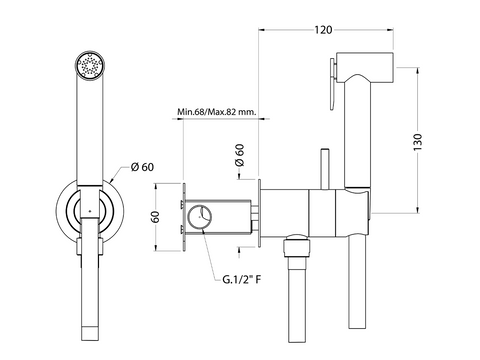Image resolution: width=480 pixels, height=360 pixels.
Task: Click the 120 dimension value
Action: click(323, 30)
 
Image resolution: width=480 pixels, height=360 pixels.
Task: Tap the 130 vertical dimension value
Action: click(418, 142)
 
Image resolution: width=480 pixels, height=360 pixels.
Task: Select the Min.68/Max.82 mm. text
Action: click(217, 111)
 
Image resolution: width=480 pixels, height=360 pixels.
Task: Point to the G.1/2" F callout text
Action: click(242, 279)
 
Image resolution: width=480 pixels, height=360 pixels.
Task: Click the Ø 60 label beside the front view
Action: click(143, 167)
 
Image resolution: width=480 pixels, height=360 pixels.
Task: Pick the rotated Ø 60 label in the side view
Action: click(239, 155)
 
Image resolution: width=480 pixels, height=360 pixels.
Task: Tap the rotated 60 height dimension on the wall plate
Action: click(155, 217)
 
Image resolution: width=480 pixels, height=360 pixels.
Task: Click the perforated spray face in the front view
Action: click(90, 65)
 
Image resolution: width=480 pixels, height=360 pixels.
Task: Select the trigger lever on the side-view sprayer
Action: click(333, 83)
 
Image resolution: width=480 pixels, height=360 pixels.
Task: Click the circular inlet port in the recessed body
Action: click(199, 217)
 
